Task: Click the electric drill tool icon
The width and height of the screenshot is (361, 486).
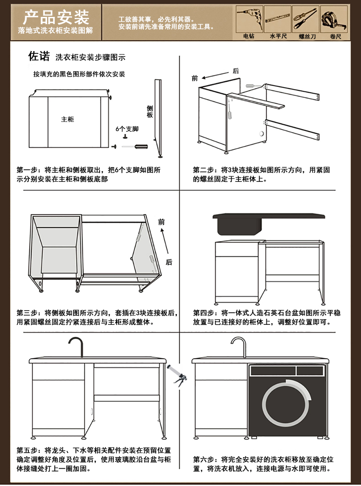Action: (x=249, y=18)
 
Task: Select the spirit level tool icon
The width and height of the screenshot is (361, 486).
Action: (x=278, y=19)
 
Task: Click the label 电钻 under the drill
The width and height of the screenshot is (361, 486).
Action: (x=249, y=36)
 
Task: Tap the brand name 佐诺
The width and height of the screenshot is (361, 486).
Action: (x=39, y=57)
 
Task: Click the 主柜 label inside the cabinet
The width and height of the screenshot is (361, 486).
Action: (x=68, y=120)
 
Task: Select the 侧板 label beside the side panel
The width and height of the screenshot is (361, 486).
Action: (x=149, y=111)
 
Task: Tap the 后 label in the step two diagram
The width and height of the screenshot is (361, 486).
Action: (x=235, y=71)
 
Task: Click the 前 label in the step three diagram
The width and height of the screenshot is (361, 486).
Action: (x=161, y=222)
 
